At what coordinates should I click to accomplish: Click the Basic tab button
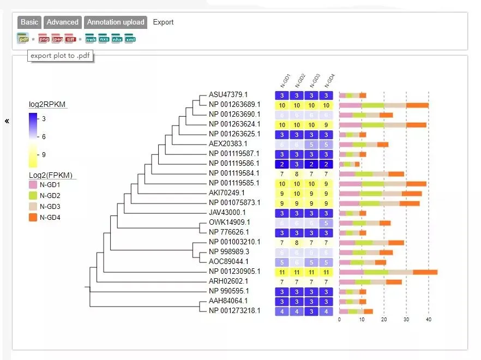(x=29, y=22)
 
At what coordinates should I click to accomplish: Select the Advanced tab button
(x=63, y=22)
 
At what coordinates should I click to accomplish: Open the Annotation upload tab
(x=116, y=22)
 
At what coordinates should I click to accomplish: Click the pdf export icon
(x=23, y=39)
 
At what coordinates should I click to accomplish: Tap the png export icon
(x=44, y=39)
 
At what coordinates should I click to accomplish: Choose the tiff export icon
(x=70, y=39)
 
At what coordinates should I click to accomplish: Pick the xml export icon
(x=130, y=39)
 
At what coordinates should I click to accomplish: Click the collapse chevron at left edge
(x=7, y=121)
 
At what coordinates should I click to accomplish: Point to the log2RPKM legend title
(x=48, y=104)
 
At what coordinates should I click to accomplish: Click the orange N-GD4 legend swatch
(x=33, y=218)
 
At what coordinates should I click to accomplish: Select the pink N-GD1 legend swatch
(x=33, y=185)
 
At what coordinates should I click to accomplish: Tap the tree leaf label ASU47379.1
(x=228, y=95)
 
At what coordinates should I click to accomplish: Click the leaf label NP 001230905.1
(x=235, y=272)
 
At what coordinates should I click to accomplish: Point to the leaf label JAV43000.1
(x=227, y=213)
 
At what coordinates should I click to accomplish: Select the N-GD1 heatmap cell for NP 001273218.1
(x=282, y=311)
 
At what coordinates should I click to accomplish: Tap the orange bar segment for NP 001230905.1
(x=425, y=272)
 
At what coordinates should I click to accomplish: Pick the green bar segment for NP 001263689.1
(x=373, y=105)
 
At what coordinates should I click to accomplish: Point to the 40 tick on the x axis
(x=429, y=320)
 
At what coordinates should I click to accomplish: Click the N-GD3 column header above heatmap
(x=314, y=81)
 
